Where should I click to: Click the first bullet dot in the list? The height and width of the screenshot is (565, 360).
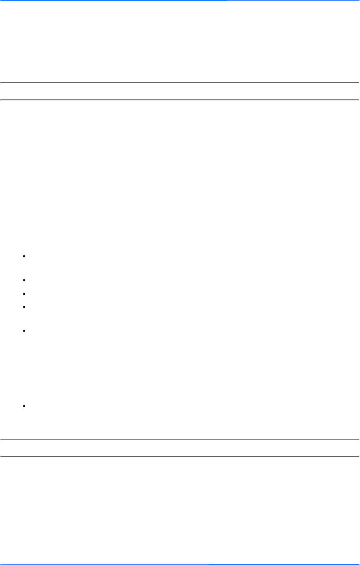pos(25,256)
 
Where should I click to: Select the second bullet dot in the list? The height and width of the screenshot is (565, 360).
pos(25,280)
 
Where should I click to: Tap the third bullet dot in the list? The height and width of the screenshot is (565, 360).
pos(25,293)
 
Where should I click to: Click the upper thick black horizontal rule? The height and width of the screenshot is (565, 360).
pos(180,83)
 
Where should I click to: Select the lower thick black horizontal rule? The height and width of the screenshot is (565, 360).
pos(180,100)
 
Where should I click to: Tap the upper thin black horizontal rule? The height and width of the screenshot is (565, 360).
pos(180,439)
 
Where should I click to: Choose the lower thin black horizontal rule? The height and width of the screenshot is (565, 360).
pos(180,456)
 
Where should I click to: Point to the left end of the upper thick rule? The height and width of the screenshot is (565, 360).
pos(1,83)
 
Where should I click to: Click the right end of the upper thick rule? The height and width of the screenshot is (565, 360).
pos(358,83)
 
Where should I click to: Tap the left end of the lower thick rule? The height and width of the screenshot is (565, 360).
pos(1,100)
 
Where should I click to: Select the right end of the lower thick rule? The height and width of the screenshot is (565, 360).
pos(358,100)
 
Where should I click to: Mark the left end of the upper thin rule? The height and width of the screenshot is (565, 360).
pos(1,439)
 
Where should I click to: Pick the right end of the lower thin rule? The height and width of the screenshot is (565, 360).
pos(358,456)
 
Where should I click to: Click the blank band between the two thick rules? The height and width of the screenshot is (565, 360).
pos(180,91)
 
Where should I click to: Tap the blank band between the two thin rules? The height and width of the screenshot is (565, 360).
pos(180,448)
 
